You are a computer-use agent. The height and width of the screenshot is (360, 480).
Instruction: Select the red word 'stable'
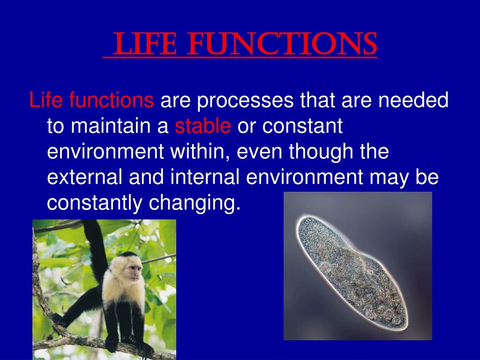click(202, 127)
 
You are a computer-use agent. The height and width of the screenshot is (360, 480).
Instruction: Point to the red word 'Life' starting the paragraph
click(46, 101)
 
